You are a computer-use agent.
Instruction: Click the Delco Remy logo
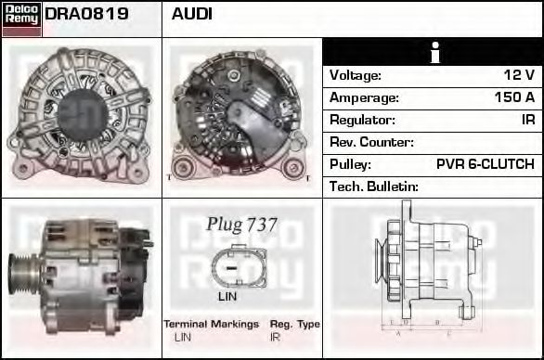pyautogui.click(x=21, y=19)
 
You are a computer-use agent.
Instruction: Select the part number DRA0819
pyautogui.click(x=86, y=14)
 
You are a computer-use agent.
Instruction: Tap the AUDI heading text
pyautogui.click(x=191, y=14)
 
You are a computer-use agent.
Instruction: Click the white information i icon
pyautogui.click(x=435, y=52)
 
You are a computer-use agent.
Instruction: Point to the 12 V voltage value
pyautogui.click(x=519, y=75)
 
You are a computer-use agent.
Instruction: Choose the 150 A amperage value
pyautogui.click(x=514, y=97)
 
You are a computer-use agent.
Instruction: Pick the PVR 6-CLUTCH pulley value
pyautogui.click(x=485, y=164)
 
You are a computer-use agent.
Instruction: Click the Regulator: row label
pyautogui.click(x=362, y=120)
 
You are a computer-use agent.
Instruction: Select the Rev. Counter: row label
pyautogui.click(x=371, y=142)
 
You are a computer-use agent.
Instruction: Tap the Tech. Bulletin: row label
pyautogui.click(x=374, y=186)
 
